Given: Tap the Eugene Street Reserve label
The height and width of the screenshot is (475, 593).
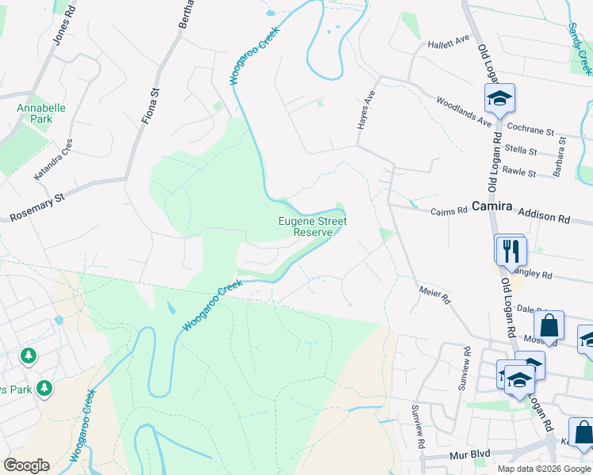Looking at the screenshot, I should (x=312, y=227).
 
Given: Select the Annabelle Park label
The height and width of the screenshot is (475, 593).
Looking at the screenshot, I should (x=40, y=113).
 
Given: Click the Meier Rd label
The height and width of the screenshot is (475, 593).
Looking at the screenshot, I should (x=435, y=296).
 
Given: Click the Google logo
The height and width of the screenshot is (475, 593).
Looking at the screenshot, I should (x=26, y=465).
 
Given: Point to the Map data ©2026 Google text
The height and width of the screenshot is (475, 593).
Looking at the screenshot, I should (x=543, y=469).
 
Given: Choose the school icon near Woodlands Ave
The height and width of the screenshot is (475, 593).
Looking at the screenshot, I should (x=499, y=99).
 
